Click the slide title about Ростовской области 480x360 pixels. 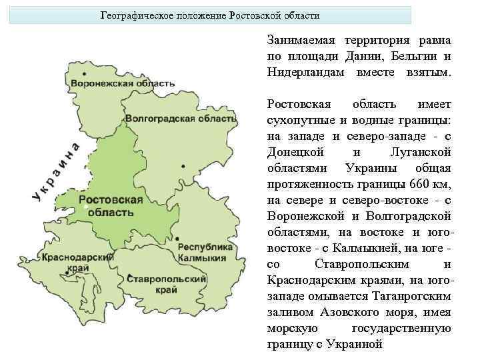tap(210, 15)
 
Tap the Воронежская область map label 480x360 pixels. tap(123, 84)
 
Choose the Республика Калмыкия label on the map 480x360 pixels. tap(205, 252)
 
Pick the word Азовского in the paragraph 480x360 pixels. tap(341, 311)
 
